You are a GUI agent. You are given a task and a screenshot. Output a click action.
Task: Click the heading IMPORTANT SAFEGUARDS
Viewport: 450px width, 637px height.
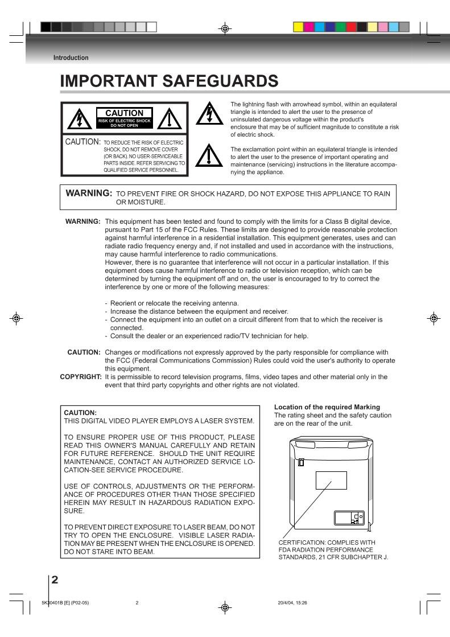pyautogui.click(x=170, y=82)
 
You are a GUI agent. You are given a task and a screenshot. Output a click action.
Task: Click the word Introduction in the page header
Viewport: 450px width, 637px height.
pyautogui.click(x=71, y=57)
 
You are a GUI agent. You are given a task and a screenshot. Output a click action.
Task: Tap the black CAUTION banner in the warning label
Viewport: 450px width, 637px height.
pyautogui.click(x=125, y=116)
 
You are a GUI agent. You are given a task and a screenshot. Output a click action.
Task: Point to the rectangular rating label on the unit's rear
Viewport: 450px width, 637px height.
pyautogui.click(x=331, y=480)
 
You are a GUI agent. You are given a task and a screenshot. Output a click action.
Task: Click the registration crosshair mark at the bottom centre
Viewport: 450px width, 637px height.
pyautogui.click(x=225, y=607)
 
